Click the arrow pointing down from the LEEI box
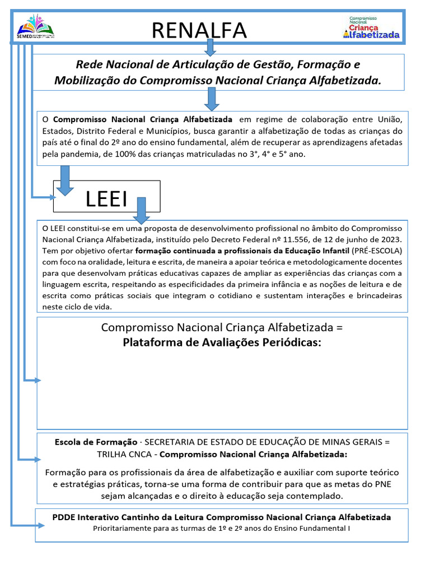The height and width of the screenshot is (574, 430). tap(141, 211)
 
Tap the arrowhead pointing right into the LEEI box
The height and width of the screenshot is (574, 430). tap(52, 197)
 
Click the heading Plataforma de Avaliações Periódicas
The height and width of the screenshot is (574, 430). tap(222, 342)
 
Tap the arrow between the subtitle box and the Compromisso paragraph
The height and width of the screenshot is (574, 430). tap(212, 99)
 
